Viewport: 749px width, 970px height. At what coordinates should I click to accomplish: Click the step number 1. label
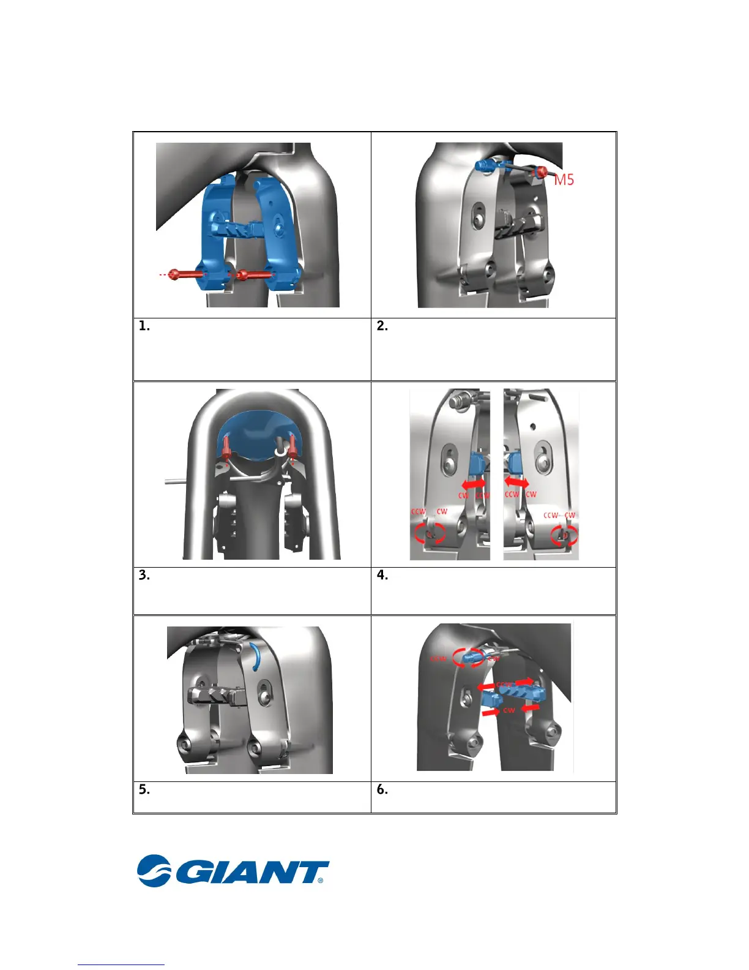click(144, 326)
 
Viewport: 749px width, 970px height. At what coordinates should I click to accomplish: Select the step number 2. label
click(382, 326)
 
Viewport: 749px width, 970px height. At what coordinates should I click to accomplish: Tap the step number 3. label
click(144, 575)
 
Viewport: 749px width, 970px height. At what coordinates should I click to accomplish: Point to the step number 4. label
click(382, 575)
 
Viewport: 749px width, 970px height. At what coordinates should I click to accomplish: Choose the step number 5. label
click(144, 789)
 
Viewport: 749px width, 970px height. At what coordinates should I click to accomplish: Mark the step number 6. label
click(382, 789)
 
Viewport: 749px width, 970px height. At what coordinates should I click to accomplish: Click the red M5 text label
click(564, 179)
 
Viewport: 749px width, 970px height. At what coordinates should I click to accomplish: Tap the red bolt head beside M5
click(541, 172)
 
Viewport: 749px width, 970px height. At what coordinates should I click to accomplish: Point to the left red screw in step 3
click(226, 448)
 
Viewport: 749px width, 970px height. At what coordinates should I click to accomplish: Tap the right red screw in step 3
click(293, 446)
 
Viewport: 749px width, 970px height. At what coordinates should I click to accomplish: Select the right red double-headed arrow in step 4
click(517, 483)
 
